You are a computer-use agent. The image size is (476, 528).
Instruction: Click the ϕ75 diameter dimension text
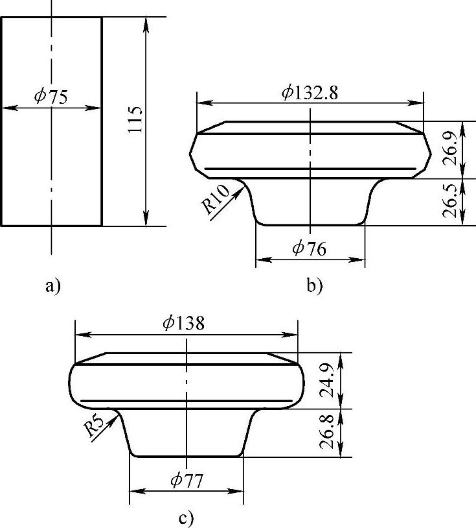(51, 97)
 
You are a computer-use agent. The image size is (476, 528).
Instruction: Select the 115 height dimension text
(135, 119)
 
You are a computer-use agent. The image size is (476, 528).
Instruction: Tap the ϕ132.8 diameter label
(310, 93)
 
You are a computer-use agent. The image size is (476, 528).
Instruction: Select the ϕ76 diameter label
(310, 249)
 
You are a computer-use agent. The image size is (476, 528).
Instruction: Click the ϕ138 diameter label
(183, 323)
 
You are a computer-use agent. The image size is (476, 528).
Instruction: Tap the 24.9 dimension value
(327, 380)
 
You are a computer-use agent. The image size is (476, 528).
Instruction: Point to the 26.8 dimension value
(327, 433)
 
